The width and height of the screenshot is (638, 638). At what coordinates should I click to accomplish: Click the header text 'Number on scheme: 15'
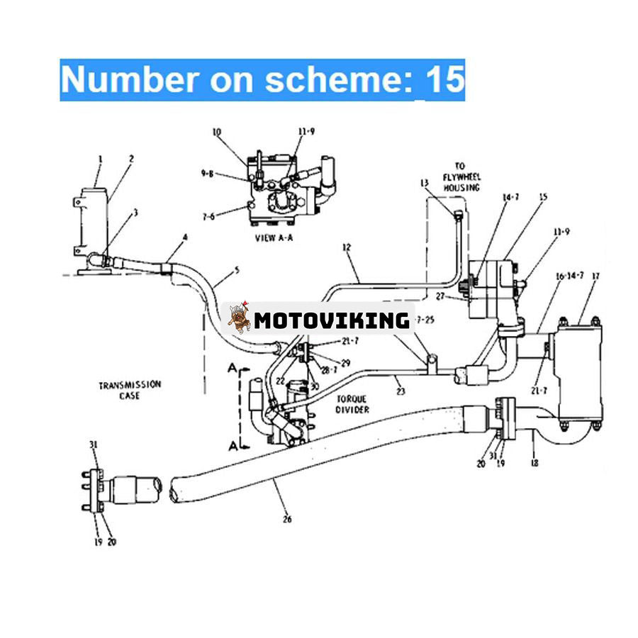[262, 80]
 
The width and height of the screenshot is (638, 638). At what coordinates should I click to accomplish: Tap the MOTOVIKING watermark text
[332, 320]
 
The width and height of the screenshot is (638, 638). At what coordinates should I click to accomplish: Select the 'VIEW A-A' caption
[274, 239]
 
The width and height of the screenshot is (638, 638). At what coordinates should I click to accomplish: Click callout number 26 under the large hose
[286, 519]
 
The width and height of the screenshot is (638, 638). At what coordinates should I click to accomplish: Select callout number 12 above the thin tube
[346, 247]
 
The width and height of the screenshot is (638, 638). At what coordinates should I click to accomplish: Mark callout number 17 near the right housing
[595, 276]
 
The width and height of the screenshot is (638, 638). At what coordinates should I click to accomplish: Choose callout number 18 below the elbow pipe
[534, 463]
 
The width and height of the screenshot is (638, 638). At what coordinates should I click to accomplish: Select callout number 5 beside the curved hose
[237, 272]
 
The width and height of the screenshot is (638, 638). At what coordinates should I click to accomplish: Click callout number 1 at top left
[100, 159]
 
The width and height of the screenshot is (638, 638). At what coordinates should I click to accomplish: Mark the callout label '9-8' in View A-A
[208, 172]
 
